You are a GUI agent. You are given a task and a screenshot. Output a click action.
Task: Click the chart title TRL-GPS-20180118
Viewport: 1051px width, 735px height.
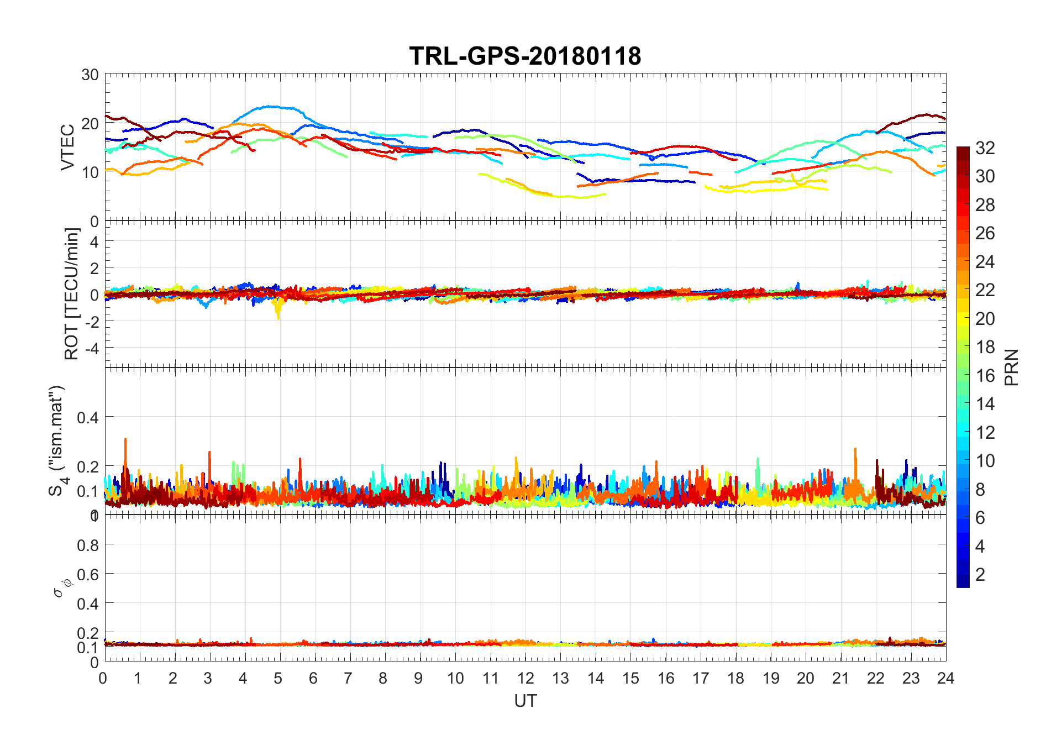tap(525, 56)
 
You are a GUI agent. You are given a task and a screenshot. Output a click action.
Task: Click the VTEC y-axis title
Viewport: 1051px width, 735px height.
tap(67, 147)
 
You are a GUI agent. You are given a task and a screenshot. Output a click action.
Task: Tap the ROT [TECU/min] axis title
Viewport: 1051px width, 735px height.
tap(72, 293)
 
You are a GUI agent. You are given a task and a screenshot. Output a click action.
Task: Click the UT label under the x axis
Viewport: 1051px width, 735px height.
tap(525, 701)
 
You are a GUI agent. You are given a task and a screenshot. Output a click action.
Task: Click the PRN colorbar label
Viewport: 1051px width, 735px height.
tap(1011, 367)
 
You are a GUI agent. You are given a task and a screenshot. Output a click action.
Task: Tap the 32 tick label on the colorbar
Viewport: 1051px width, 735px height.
tap(985, 148)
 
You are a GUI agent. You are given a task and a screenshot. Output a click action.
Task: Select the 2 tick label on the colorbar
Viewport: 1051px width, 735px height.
tap(980, 575)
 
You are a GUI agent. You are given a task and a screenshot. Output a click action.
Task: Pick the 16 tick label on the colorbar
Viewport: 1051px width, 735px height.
tap(985, 376)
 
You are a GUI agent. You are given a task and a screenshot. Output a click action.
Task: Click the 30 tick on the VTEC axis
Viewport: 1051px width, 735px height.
tap(90, 75)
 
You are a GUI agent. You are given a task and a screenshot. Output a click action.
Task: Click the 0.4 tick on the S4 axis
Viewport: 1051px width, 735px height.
tap(87, 417)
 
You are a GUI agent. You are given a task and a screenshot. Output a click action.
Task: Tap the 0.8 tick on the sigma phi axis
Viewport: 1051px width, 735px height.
tap(87, 545)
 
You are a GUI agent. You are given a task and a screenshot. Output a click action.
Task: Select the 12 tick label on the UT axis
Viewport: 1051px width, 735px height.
tap(525, 679)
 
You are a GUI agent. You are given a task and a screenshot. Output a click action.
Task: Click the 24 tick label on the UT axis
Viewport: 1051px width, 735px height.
tap(945, 679)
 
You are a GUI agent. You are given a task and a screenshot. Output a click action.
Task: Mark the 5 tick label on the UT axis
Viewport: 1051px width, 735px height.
tap(278, 679)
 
